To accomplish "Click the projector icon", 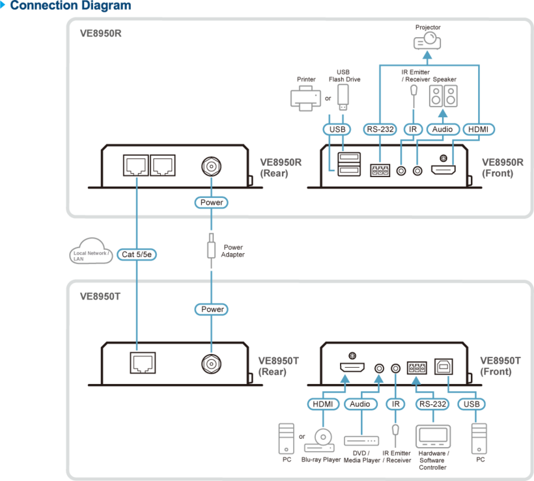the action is coord(427,40).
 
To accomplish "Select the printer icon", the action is coord(305,98).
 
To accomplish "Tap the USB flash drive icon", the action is coord(343,97).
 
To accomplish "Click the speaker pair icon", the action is coord(443,96).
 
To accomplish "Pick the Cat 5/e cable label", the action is coord(137,254).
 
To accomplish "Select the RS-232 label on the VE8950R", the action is coord(380,130).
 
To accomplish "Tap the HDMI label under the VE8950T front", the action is coord(323,404).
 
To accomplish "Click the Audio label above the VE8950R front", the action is coord(443,130).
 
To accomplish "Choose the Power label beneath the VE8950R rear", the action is coord(212,202).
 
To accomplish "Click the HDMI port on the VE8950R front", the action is coord(443,169).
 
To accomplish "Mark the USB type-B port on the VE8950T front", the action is coord(443,366).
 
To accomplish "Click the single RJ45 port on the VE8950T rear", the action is coord(143,363).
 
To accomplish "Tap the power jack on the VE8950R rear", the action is coord(211,167).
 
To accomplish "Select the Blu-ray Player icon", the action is coord(320,440).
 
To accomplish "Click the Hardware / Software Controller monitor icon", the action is coord(433,437).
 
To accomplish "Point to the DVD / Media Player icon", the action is coord(361,441).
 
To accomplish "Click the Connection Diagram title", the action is coord(70,5).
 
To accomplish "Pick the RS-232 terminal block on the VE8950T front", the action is coord(417,368).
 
